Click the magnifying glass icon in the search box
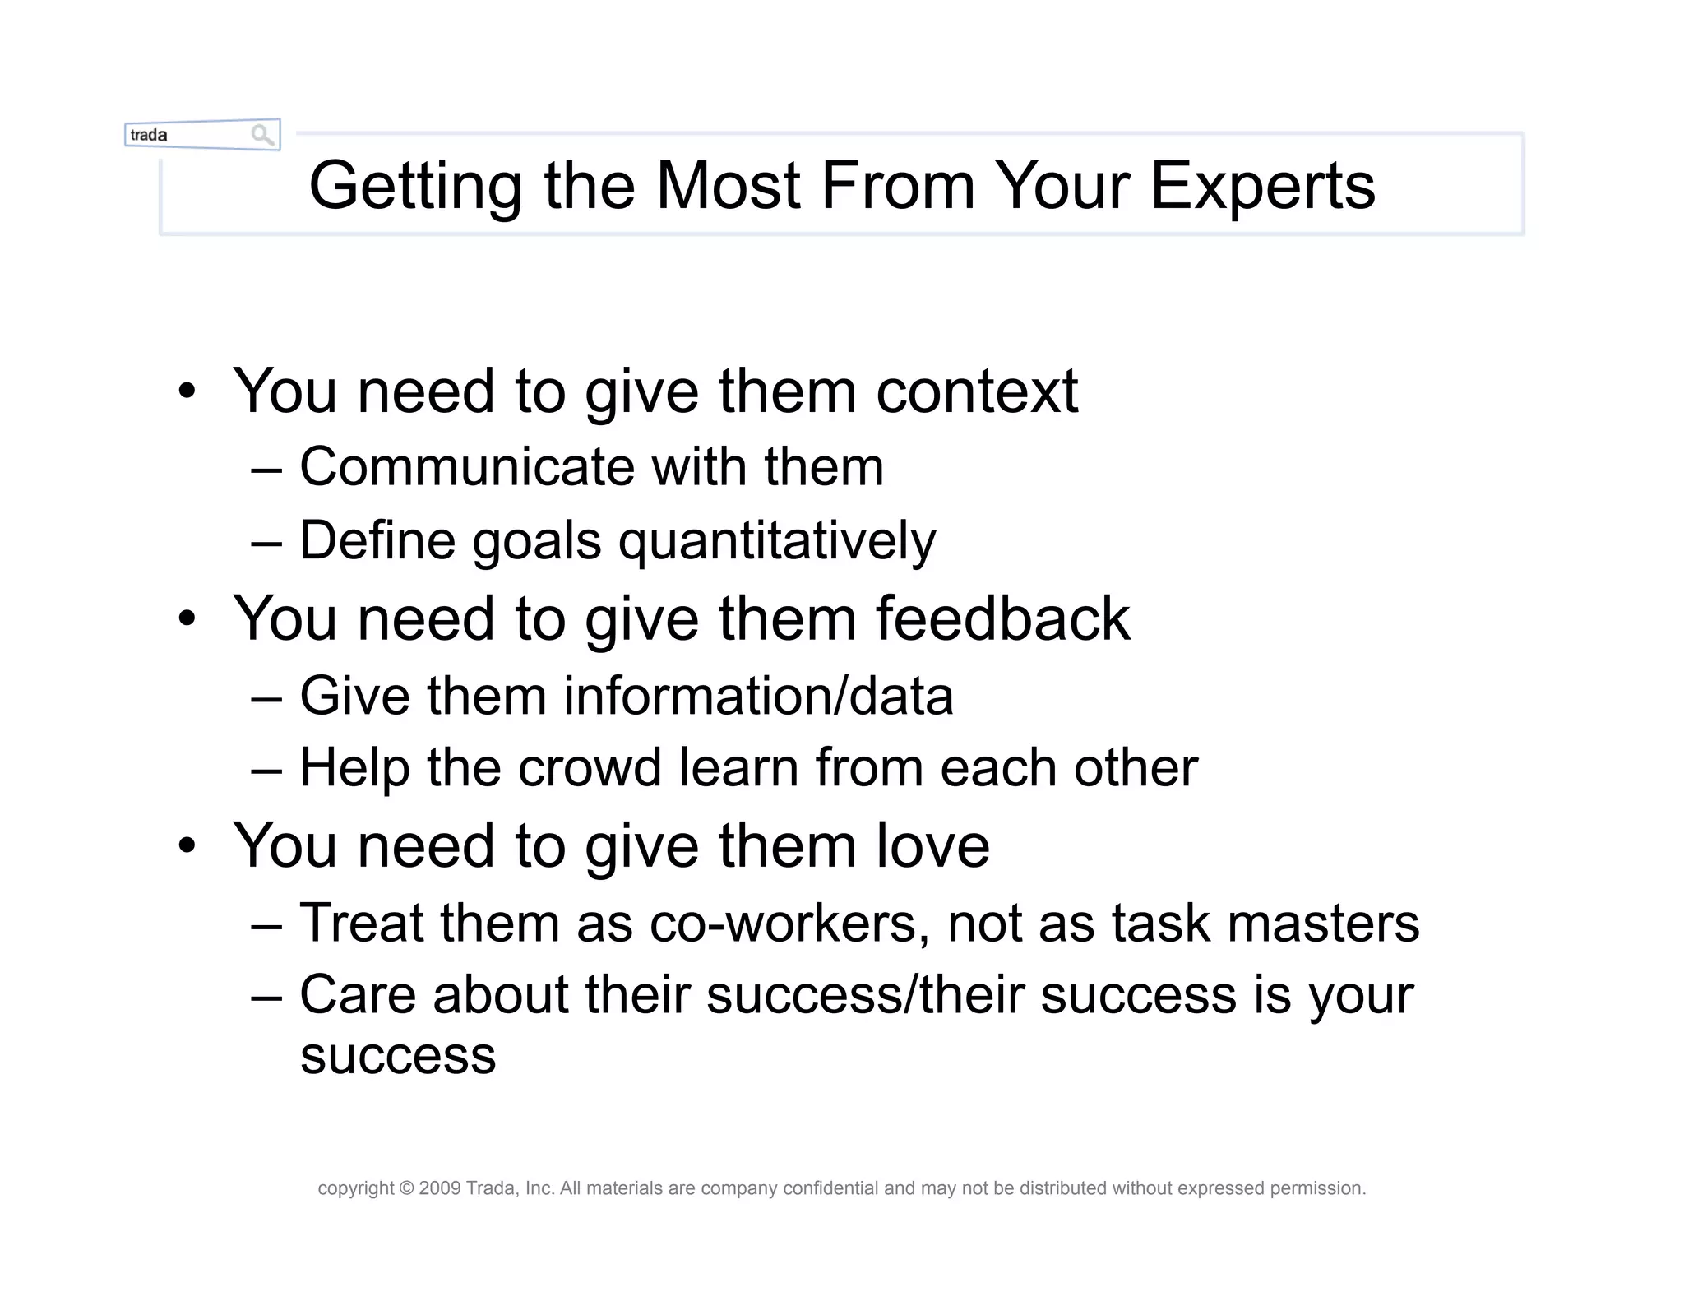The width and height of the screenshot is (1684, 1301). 262,135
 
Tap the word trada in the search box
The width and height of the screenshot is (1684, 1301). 149,135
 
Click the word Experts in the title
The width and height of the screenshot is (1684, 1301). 1262,187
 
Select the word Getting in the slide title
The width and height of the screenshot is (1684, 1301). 415,187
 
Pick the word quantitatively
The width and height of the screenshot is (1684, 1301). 777,542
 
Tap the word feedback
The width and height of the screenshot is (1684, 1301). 1002,618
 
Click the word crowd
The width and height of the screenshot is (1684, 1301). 590,768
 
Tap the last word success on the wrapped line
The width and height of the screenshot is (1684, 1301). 398,1056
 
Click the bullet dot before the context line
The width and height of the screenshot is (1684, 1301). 187,391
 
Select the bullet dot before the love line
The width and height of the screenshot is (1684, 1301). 187,846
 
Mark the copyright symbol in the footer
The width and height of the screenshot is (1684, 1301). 407,1188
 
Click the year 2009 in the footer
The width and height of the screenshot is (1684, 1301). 440,1188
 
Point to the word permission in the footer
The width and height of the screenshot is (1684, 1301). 1317,1188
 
